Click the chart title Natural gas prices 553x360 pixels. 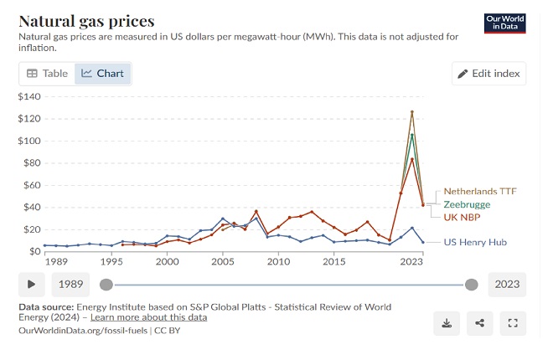click(86, 21)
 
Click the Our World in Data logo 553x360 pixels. click(505, 23)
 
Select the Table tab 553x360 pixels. click(48, 74)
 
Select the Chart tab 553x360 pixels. click(103, 74)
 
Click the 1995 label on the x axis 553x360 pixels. click(111, 262)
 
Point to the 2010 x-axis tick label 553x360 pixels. click(278, 262)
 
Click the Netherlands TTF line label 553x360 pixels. click(480, 191)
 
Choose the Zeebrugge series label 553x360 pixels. click(467, 204)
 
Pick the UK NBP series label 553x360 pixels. click(462, 217)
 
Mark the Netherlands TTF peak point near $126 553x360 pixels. click(412, 111)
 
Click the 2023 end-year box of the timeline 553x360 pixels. click(507, 284)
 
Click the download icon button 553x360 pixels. click(447, 322)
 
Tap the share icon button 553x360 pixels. click(479, 322)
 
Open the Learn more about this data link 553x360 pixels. click(148, 318)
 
